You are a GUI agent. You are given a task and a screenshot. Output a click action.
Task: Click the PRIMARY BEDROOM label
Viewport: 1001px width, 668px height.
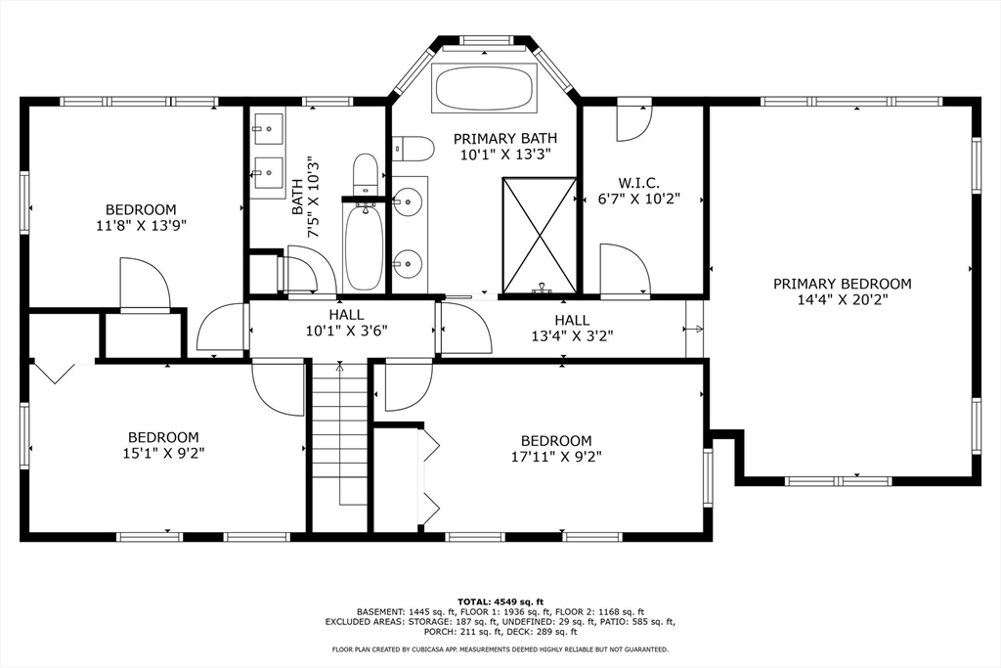[842, 284]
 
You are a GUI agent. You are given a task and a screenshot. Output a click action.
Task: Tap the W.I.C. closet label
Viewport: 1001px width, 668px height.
[639, 183]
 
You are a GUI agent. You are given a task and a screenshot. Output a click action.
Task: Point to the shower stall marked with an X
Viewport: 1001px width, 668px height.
[539, 235]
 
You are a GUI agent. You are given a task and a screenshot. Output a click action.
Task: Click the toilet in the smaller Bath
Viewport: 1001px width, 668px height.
[366, 173]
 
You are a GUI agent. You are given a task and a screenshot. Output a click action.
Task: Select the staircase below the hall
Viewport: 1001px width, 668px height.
[339, 430]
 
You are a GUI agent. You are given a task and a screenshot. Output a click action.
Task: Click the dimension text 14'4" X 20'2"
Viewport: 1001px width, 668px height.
[842, 300]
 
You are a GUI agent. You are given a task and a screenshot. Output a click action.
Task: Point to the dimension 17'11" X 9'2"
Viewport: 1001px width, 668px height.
[555, 456]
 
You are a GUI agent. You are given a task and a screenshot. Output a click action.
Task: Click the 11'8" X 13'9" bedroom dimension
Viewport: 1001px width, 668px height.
[141, 225]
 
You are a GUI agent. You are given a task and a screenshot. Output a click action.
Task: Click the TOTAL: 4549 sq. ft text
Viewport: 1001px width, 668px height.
[500, 601]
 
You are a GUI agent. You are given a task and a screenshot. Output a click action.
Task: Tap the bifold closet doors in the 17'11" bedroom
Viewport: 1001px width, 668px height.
[428, 478]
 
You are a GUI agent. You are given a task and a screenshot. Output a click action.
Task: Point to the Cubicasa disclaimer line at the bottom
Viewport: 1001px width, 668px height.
[500, 648]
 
